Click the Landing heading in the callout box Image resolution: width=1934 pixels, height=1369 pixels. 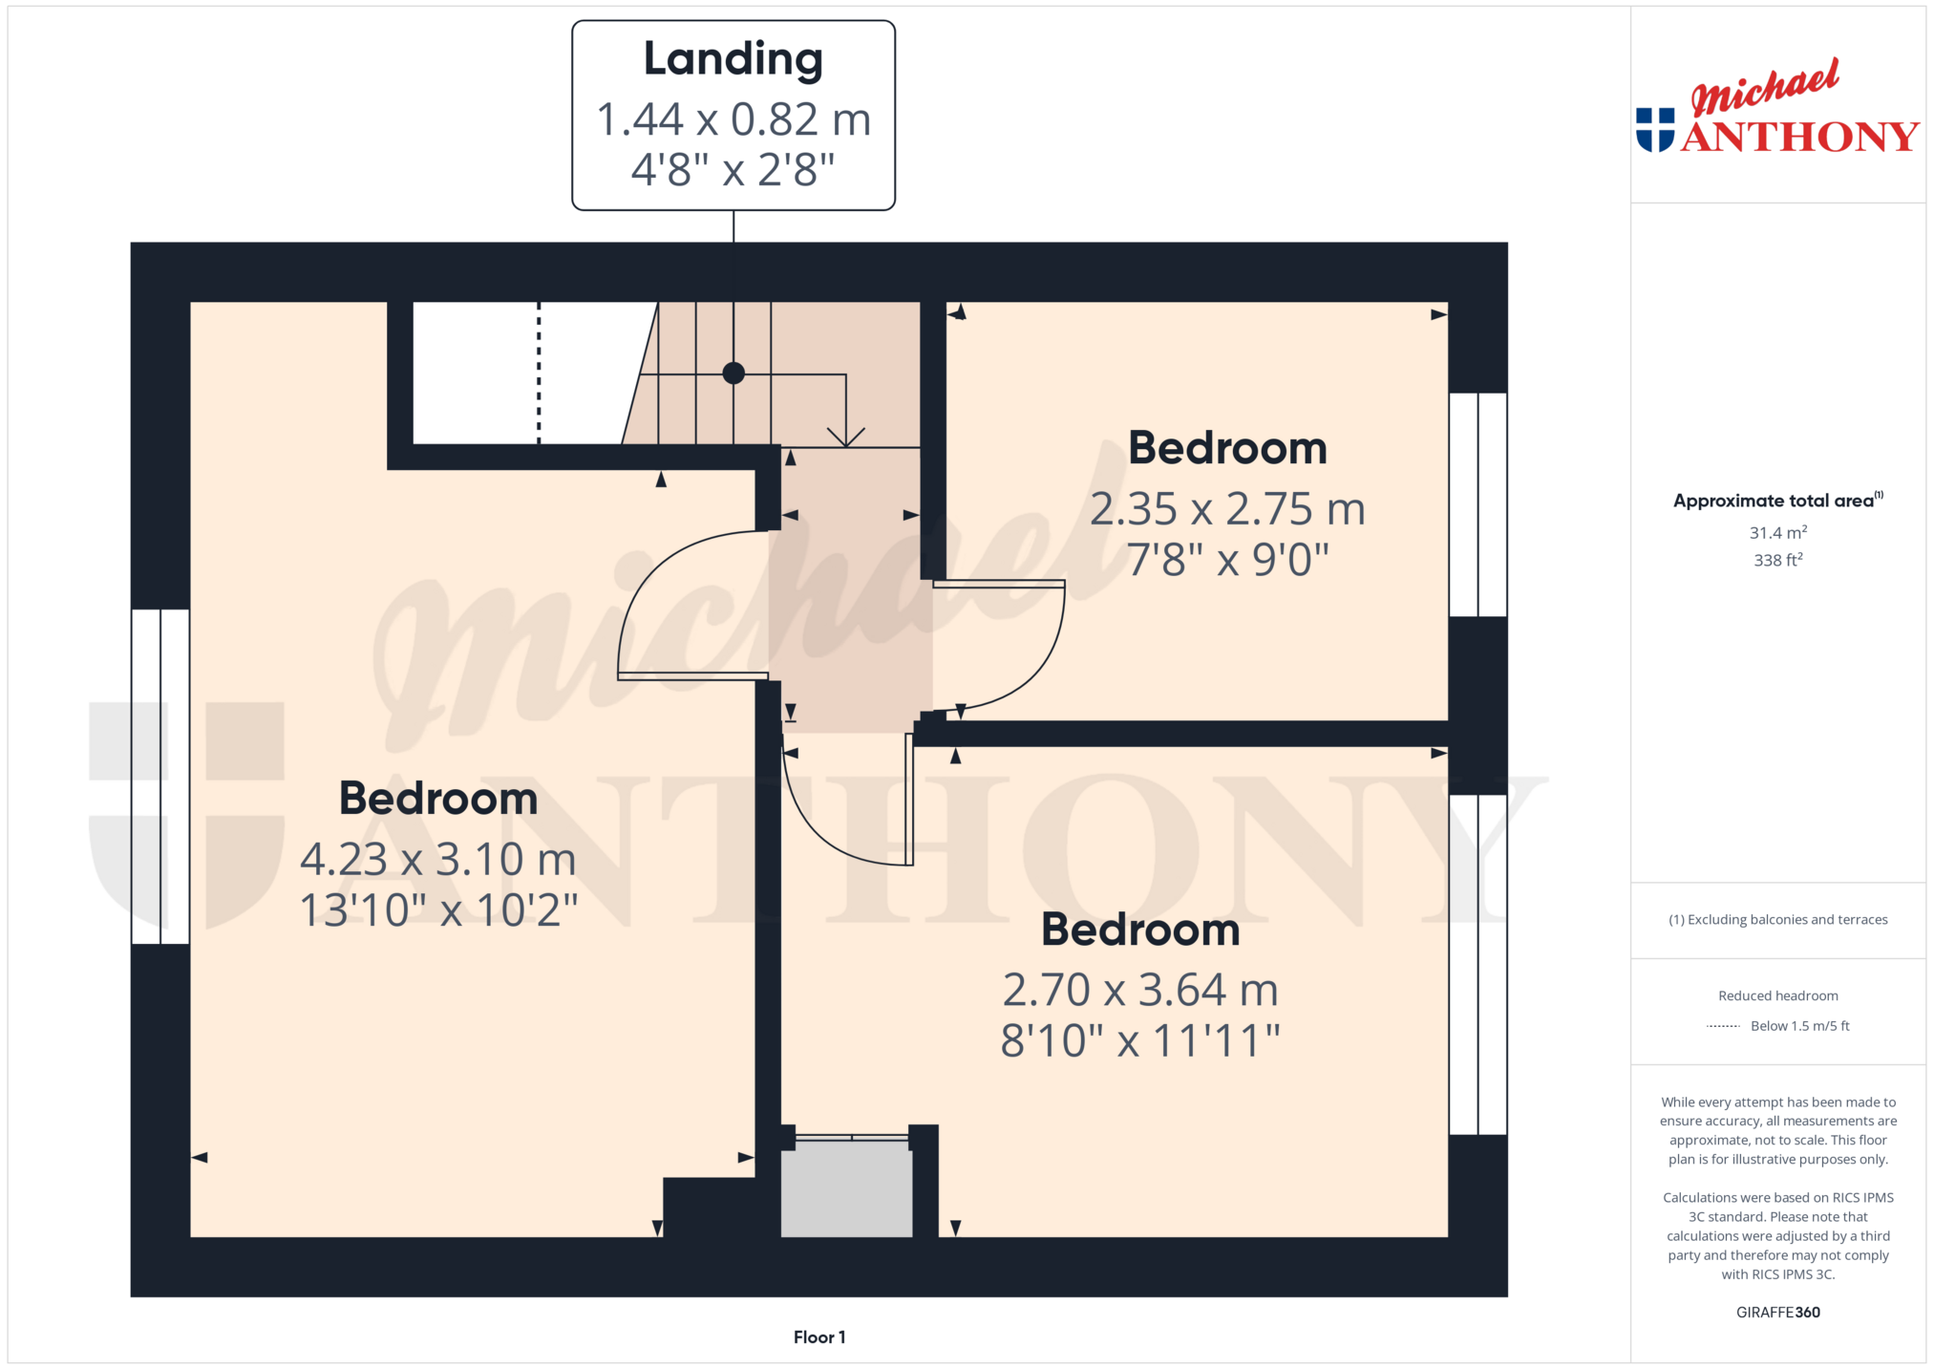pos(733,59)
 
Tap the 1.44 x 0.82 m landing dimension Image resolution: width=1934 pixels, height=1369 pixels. pos(733,119)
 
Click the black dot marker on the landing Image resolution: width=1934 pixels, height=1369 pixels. pos(733,374)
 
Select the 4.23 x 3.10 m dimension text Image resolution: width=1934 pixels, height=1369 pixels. pos(438,859)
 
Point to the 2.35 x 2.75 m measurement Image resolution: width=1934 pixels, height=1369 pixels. pos(1227,509)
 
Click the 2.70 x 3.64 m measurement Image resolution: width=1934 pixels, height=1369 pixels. pos(1140,990)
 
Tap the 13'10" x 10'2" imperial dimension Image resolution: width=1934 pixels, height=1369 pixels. pos(438,910)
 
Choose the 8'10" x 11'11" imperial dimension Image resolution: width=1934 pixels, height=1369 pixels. pos(1140,1041)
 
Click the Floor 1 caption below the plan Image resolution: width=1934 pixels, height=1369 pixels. pos(819,1337)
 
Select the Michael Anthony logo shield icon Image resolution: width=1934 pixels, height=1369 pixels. pos(1655,130)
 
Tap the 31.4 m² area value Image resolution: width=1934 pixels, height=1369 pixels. pos(1777,532)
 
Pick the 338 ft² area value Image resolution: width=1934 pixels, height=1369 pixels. pos(1777,560)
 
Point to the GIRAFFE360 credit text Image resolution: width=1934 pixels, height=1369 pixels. pos(1777,1312)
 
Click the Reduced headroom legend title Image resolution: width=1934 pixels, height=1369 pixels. pos(1777,995)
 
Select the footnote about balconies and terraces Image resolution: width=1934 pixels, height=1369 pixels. pos(1777,919)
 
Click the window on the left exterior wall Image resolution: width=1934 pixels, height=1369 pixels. pos(160,777)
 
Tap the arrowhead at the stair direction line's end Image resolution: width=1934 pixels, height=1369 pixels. pos(846,438)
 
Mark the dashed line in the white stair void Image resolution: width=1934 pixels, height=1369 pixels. pos(539,373)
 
